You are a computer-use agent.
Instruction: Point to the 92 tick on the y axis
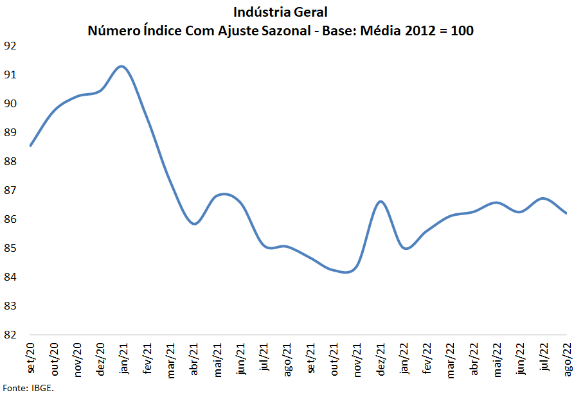coord(10,46)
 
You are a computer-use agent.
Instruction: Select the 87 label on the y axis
coord(10,190)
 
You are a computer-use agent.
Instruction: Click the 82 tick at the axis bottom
coord(10,335)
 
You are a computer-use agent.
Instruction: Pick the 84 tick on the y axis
coord(10,277)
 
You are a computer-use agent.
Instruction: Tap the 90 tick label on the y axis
coord(10,103)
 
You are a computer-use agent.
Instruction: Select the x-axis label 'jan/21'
coord(125,358)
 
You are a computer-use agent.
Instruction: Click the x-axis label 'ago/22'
coord(567,357)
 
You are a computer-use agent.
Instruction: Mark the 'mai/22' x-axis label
coord(498,358)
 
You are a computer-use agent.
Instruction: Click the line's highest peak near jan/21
coord(122,66)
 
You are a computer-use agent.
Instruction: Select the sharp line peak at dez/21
coord(381,201)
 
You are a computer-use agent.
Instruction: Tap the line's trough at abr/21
coord(195,224)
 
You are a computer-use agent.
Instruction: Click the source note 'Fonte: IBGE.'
coord(28,388)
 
